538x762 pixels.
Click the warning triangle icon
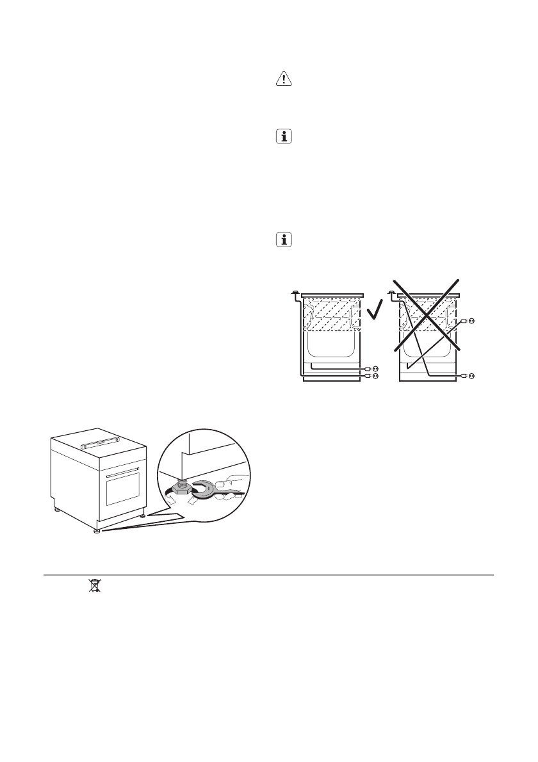coord(282,79)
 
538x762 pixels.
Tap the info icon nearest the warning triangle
coord(282,136)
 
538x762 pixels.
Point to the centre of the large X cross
coord(427,314)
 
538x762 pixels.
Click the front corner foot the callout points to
coord(97,530)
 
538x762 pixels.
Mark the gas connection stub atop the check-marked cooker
coord(294,293)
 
